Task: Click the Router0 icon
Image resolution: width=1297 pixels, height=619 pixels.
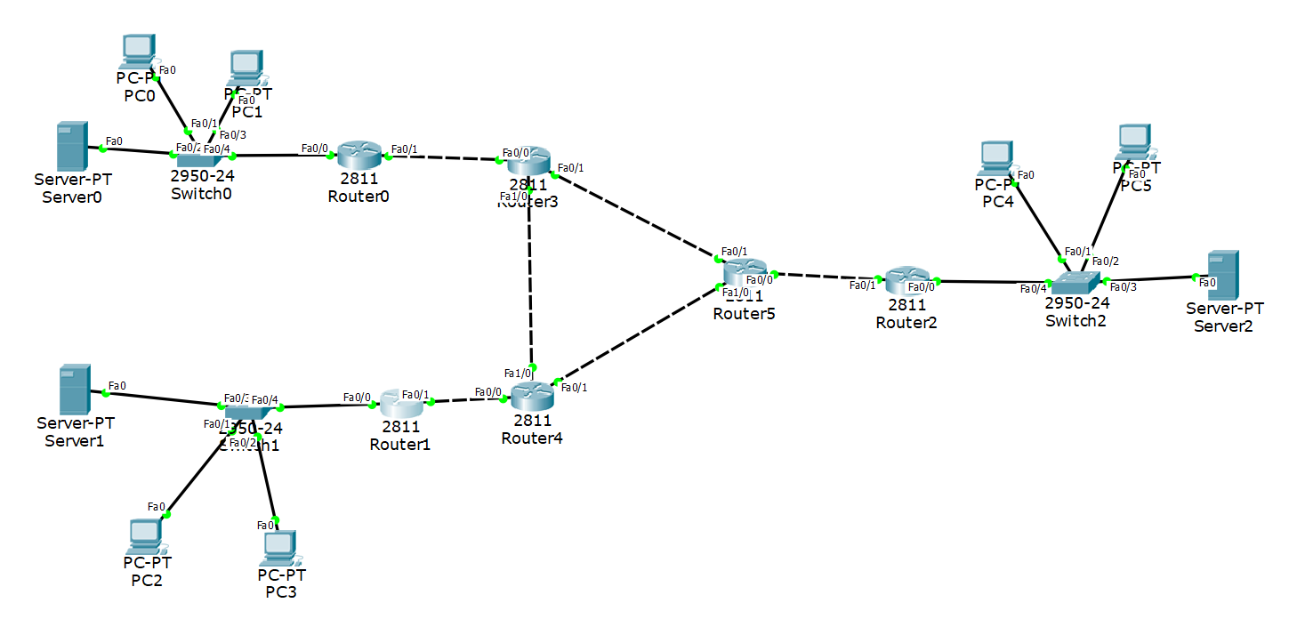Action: pos(359,155)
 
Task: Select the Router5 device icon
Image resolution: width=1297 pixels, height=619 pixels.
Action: pos(745,271)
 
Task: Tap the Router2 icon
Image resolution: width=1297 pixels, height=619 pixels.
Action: pos(906,281)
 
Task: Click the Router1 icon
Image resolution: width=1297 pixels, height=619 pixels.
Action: pos(401,404)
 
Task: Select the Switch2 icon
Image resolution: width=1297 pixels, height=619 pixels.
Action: pos(1075,283)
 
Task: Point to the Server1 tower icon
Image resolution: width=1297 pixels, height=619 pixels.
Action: pos(75,389)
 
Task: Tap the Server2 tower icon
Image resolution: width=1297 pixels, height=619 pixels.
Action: pos(1225,275)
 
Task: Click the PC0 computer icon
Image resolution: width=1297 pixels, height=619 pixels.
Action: pos(137,52)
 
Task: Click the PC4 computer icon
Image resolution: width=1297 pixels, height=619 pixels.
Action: pos(995,158)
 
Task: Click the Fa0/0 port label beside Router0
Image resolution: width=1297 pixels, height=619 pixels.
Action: pos(314,148)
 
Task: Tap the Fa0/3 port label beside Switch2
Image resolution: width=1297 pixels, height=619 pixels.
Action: pos(1124,286)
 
